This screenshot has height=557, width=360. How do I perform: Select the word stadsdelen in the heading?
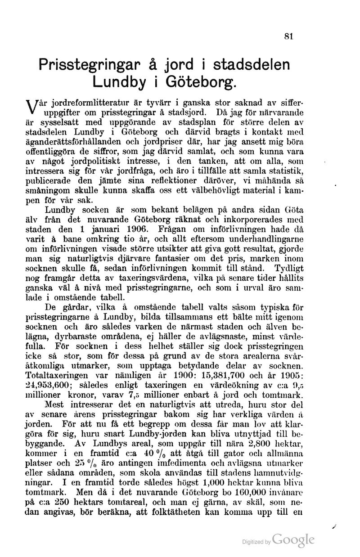pyautogui.click(x=252, y=64)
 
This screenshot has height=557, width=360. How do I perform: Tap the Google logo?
pyautogui.click(x=293, y=540)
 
